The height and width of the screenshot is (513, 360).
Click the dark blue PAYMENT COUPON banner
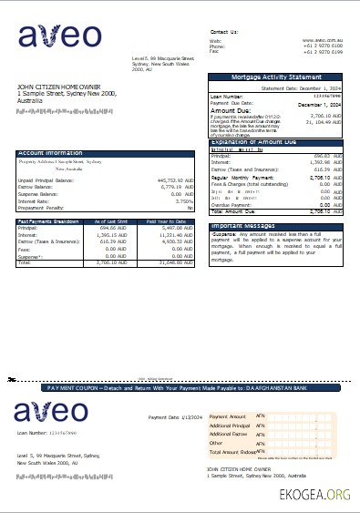(x=180, y=387)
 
